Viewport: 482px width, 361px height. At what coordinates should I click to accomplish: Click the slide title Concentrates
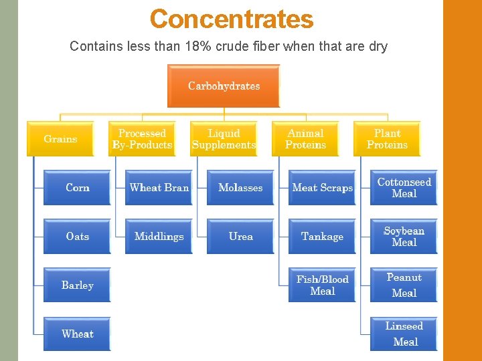(232, 19)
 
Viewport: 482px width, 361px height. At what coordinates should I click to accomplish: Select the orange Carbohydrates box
(224, 86)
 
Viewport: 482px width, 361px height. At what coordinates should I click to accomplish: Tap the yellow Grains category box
(60, 139)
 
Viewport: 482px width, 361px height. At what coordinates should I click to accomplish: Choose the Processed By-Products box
(142, 139)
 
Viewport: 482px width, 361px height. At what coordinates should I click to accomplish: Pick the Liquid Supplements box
(224, 139)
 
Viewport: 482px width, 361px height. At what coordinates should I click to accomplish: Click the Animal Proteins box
(305, 139)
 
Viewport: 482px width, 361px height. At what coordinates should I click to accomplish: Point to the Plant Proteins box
(387, 139)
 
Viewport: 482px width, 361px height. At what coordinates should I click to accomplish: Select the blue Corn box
(77, 188)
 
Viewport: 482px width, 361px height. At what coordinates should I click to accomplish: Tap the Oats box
(77, 237)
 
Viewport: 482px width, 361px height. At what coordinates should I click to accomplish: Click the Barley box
(77, 285)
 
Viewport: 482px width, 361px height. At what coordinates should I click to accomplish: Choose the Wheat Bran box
(159, 188)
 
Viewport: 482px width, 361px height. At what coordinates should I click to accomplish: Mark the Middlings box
(159, 237)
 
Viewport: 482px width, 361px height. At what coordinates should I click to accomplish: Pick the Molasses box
(240, 188)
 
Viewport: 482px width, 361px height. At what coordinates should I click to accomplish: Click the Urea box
(240, 237)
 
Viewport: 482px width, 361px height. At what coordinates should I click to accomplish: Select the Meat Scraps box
(322, 188)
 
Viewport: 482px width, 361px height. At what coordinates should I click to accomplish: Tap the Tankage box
(322, 237)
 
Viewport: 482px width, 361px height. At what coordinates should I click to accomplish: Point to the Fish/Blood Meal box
(322, 285)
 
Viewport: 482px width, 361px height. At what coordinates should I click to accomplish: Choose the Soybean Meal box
(404, 237)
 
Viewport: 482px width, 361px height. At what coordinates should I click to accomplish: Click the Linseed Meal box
(404, 334)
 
